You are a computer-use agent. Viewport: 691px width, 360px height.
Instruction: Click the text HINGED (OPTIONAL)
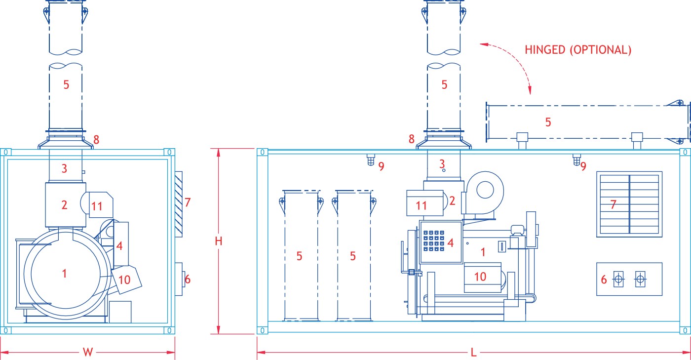pyautogui.click(x=577, y=50)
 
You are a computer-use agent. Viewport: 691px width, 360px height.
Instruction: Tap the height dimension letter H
pyautogui.click(x=219, y=241)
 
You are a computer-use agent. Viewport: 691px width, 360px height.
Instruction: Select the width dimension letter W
pyautogui.click(x=87, y=352)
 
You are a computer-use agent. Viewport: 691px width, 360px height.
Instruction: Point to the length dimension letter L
pyautogui.click(x=473, y=352)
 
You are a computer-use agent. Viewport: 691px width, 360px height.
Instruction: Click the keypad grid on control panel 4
pyautogui.click(x=433, y=241)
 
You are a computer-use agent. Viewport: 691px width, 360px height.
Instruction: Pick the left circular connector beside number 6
pyautogui.click(x=619, y=280)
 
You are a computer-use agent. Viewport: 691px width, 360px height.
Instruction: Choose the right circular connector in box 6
pyautogui.click(x=640, y=280)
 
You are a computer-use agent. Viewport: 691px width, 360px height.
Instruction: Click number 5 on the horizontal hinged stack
pyautogui.click(x=548, y=122)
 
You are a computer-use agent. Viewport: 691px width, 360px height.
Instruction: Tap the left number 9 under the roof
pyautogui.click(x=381, y=166)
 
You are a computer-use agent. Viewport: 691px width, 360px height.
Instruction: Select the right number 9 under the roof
pyautogui.click(x=583, y=166)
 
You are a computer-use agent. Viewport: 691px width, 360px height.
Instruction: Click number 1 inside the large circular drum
pyautogui.click(x=64, y=273)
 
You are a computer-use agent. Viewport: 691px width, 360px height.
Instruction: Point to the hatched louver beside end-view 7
pyautogui.click(x=179, y=203)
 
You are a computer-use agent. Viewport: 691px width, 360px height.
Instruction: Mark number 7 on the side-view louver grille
pyautogui.click(x=613, y=204)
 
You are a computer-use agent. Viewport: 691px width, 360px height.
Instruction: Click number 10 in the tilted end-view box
pyautogui.click(x=124, y=280)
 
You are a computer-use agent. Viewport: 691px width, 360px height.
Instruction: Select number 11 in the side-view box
pyautogui.click(x=421, y=205)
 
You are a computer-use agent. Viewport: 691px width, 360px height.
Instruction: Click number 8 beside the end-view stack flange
pyautogui.click(x=96, y=140)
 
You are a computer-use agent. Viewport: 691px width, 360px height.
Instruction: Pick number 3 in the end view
pyautogui.click(x=64, y=168)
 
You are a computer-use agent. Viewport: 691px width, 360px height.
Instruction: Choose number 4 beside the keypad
pyautogui.click(x=450, y=243)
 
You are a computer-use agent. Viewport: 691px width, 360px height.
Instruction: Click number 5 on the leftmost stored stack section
pyautogui.click(x=299, y=256)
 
